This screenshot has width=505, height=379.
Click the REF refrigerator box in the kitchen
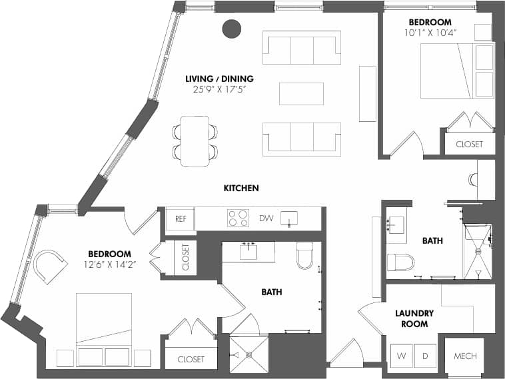[180, 218]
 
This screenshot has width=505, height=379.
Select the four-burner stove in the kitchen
[238, 218]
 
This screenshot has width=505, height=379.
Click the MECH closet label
[465, 356]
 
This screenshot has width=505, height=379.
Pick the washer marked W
[401, 356]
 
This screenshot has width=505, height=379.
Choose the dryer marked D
[424, 356]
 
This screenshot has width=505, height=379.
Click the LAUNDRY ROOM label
[414, 318]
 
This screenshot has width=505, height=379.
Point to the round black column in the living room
[231, 29]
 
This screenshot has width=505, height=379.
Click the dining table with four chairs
[195, 141]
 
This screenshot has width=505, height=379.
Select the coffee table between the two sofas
[301, 93]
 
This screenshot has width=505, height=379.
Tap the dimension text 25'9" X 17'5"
[220, 89]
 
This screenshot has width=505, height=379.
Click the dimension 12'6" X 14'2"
[109, 264]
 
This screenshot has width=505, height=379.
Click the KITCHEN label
[241, 189]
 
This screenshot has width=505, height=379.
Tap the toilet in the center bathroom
[305, 255]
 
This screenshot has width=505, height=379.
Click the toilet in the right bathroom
[400, 262]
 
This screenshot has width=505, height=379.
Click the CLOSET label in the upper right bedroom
[469, 144]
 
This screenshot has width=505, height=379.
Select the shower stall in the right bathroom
[477, 251]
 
